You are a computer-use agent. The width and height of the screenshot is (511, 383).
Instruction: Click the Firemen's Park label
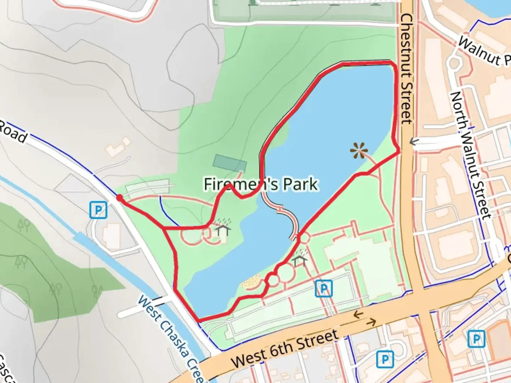click(261, 184)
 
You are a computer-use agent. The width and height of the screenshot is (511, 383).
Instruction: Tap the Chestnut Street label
click(407, 69)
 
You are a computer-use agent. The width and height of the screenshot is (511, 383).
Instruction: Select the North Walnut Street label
click(471, 155)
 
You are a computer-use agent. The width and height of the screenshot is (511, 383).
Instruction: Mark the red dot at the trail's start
click(120, 198)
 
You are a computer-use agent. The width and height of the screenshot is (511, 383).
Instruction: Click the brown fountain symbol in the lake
click(359, 151)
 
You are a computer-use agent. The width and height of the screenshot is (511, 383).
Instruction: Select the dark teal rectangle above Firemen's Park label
click(230, 163)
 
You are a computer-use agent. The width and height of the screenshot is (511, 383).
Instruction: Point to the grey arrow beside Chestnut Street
click(414, 142)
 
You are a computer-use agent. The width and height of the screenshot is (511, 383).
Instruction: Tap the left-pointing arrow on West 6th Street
click(358, 314)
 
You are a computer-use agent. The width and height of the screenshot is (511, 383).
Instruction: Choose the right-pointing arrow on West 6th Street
click(371, 322)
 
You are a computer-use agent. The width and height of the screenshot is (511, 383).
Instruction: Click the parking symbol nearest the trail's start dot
click(98, 210)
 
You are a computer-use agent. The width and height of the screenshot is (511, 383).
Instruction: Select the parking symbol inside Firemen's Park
click(324, 288)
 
